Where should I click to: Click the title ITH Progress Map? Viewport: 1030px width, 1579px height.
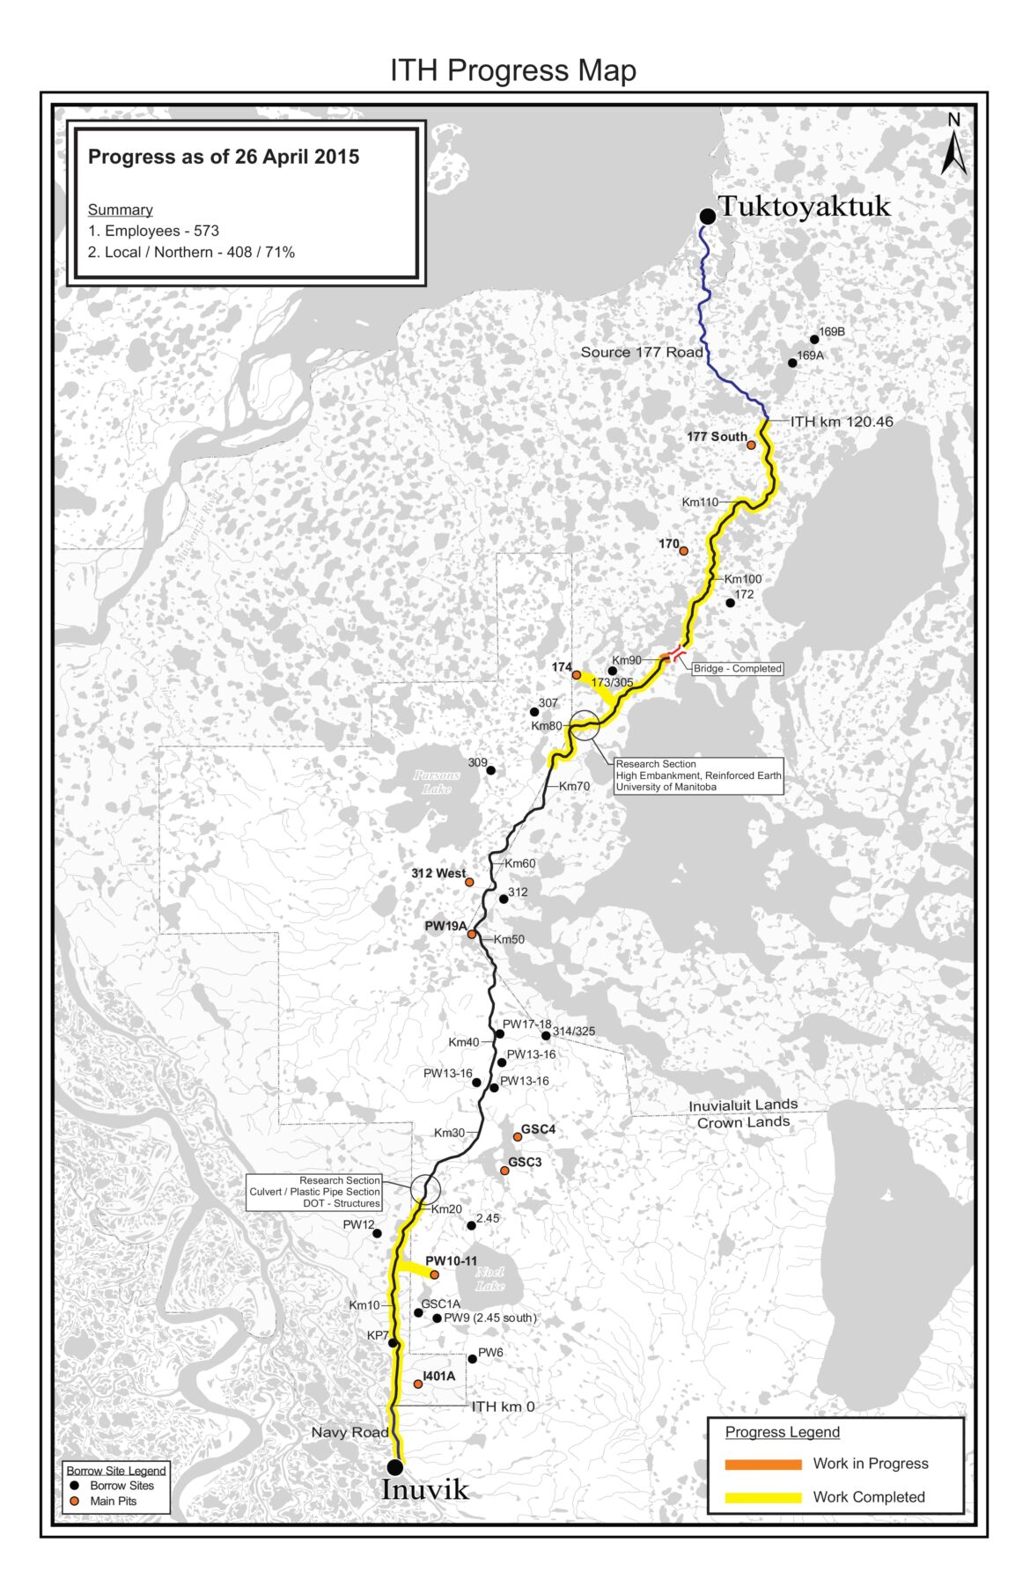click(x=513, y=70)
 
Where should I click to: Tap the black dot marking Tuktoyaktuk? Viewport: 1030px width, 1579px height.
click(x=707, y=217)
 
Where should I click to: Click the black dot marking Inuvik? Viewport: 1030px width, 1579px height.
click(x=395, y=1466)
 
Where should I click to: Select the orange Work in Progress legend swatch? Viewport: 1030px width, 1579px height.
click(x=762, y=1464)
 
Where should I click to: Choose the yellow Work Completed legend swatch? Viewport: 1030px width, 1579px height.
click(x=762, y=1497)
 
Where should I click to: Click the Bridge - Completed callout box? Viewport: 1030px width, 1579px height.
click(x=738, y=669)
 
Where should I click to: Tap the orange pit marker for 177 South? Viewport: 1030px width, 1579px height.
click(x=751, y=445)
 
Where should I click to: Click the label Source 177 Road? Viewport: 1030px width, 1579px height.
click(x=642, y=352)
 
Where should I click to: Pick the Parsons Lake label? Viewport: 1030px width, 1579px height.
click(x=438, y=782)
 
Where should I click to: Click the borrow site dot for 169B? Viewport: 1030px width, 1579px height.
click(x=814, y=340)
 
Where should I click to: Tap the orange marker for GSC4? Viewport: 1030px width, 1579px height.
click(x=518, y=1137)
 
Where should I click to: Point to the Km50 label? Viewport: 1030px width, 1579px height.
click(x=509, y=939)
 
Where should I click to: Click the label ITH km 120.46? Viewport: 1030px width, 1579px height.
click(x=842, y=422)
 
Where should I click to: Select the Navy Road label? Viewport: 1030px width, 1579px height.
click(x=349, y=1433)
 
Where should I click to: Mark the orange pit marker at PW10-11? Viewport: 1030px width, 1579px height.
click(x=434, y=1274)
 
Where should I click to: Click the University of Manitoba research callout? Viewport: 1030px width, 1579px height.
click(x=698, y=775)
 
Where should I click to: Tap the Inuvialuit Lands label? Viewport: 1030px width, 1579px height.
click(x=743, y=1105)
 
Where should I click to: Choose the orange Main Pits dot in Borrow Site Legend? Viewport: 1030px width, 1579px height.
click(x=75, y=1501)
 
